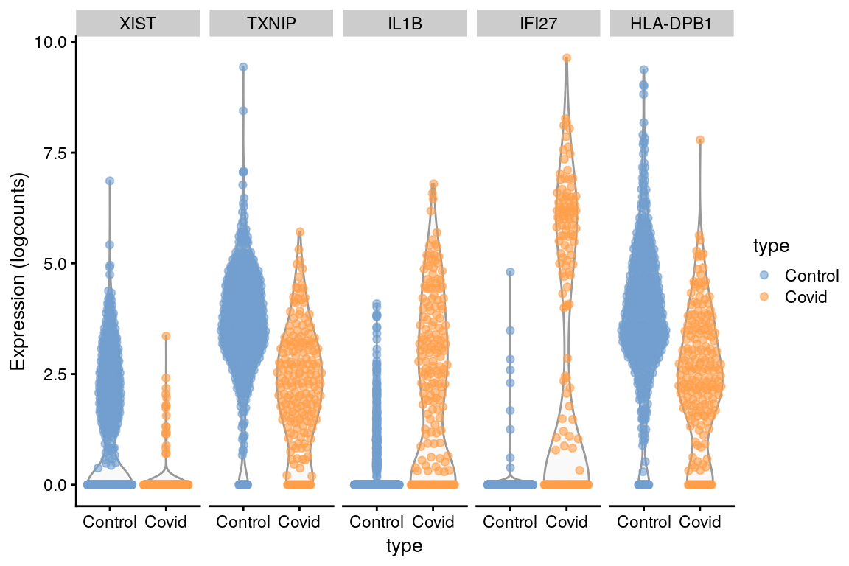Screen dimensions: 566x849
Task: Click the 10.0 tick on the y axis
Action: click(x=51, y=42)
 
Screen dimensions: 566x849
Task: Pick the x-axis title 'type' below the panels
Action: click(x=404, y=546)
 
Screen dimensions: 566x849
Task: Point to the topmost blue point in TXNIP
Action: click(x=243, y=67)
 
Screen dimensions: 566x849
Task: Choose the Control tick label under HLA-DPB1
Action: click(x=643, y=523)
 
